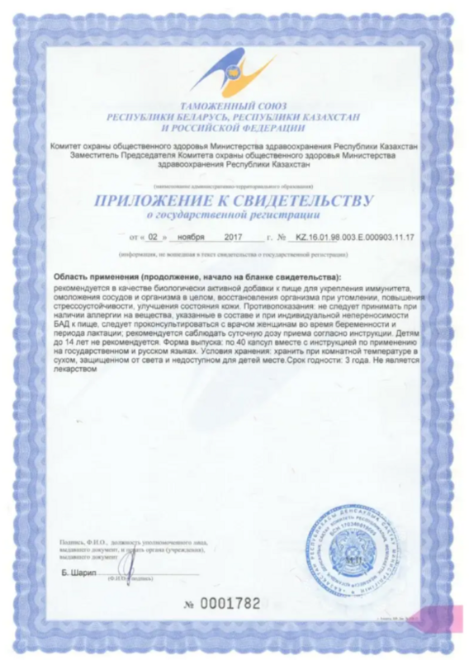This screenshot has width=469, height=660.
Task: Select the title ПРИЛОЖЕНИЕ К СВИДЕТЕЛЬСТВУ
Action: [234, 200]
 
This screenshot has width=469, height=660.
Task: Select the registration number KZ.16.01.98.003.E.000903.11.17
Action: [356, 238]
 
